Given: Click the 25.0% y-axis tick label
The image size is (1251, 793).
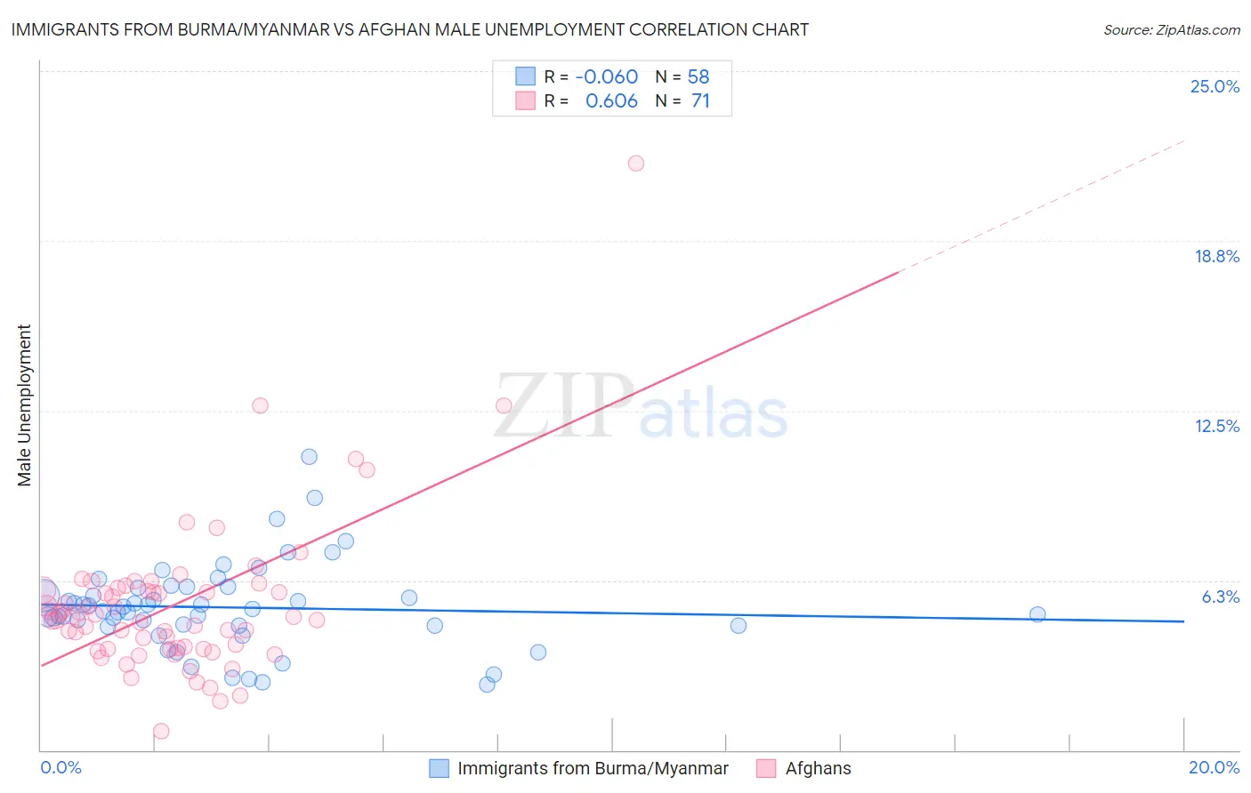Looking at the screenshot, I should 1215,86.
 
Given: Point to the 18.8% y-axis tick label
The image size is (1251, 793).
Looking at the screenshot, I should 1216,256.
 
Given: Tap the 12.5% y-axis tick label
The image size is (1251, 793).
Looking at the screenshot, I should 1216,426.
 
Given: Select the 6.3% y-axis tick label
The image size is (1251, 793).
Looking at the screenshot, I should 1220,597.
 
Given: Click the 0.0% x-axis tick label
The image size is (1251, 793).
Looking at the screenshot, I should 61,767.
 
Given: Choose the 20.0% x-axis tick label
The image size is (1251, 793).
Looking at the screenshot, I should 1214,767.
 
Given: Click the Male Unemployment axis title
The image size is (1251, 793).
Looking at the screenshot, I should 25,405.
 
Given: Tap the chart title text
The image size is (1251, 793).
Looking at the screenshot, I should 409,29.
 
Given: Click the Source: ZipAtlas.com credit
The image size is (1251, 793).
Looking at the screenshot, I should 1171,30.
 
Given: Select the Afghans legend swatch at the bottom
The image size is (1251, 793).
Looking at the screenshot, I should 765,768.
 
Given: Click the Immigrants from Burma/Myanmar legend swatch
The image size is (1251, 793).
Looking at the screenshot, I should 439,768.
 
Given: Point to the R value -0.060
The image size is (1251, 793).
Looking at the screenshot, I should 606,77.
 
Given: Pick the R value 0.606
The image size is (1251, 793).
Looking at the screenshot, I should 611,101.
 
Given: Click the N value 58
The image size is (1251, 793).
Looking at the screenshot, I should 698,77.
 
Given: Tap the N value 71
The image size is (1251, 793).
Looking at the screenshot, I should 700,101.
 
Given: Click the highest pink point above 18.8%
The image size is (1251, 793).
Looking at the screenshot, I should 636,164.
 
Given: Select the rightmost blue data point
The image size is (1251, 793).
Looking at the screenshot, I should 1037,614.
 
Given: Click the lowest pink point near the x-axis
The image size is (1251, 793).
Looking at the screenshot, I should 161,731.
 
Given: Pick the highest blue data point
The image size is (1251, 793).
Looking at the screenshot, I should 309,457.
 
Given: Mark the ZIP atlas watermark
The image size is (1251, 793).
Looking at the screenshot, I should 641,407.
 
